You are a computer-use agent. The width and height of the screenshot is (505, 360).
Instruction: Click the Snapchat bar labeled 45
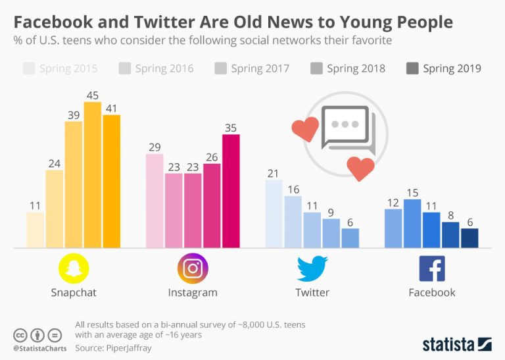[x=93, y=175]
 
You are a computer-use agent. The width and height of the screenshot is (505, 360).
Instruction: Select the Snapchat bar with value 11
[x=36, y=230]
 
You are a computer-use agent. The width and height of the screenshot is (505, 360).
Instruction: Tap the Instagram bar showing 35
[x=231, y=191]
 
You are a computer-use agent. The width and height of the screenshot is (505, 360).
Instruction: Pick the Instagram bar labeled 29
[x=155, y=201]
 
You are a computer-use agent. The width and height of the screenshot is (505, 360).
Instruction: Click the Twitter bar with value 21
[x=274, y=213]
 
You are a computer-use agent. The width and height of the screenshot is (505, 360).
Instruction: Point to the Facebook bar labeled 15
[x=412, y=223]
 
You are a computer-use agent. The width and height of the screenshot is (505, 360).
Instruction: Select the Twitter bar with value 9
[x=331, y=233]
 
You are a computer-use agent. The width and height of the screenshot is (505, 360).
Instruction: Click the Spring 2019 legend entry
[x=444, y=68]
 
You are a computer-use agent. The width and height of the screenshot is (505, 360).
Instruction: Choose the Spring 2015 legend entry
[x=60, y=68]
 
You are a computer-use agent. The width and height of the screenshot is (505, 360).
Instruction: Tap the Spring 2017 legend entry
[x=252, y=68]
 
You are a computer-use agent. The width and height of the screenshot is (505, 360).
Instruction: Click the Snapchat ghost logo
[x=74, y=269]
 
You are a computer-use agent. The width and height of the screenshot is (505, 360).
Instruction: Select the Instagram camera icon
[x=193, y=269]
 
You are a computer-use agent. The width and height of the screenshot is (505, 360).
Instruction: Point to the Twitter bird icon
[x=312, y=269]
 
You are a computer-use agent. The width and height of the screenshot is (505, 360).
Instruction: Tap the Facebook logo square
[x=432, y=269]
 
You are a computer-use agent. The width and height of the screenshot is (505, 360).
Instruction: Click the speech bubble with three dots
[x=346, y=127]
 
